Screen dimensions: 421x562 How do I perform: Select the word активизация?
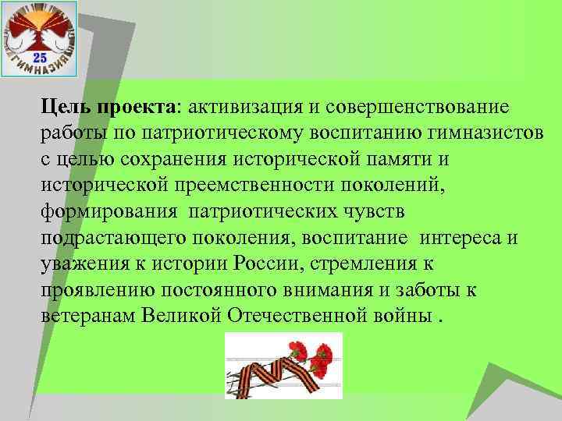243,106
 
